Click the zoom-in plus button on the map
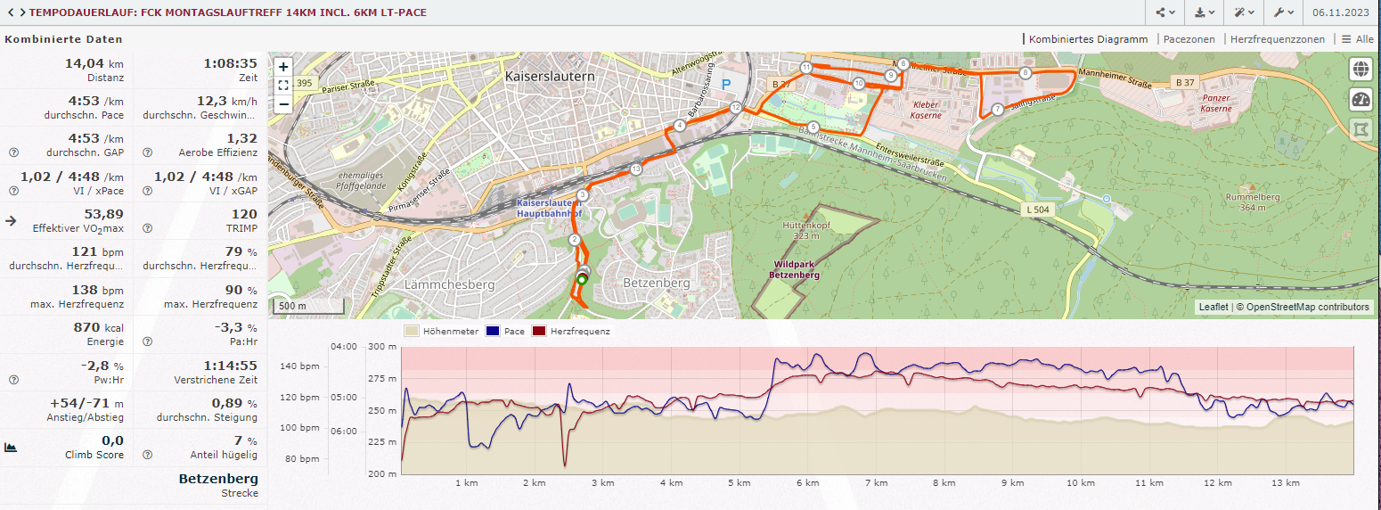pos(283,67)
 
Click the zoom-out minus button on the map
pos(283,103)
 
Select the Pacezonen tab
pos(1189,39)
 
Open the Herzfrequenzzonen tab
pos(1277,39)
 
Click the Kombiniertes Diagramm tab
pos(1088,39)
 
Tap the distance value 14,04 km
pos(94,63)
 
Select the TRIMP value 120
pos(244,214)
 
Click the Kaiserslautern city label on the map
pos(550,77)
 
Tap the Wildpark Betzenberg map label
pos(797,269)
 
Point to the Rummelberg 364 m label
pos(1253,202)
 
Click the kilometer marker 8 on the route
pos(1026,73)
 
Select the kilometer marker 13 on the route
pos(635,169)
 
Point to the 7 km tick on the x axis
pos(877,482)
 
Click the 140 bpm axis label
pos(300,366)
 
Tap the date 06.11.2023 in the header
pos(1341,12)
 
